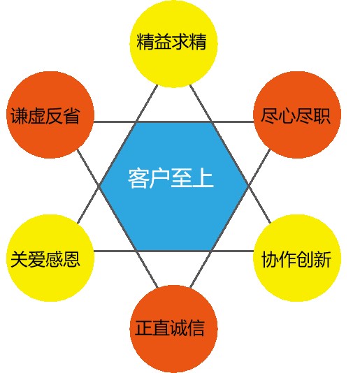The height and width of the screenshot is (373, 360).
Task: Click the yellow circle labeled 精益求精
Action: tap(173, 44)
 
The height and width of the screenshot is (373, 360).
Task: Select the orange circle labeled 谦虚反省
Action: tap(50, 115)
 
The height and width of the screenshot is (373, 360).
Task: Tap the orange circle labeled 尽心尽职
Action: tap(297, 115)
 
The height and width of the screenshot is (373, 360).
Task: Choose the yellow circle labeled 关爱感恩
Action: tap(50, 258)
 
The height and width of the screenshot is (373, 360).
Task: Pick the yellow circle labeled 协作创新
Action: tap(297, 258)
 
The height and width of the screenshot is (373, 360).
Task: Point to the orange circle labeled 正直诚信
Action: tap(173, 329)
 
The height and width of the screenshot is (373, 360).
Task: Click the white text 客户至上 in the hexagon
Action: tap(171, 178)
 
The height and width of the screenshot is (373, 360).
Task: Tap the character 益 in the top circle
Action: tap(163, 42)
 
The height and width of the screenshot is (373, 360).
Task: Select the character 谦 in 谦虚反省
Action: tap(20, 116)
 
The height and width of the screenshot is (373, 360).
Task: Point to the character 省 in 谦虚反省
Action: tap(71, 116)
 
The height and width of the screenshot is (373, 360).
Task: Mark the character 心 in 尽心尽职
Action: tap(287, 116)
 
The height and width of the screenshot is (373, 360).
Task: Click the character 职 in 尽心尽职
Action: tap(322, 116)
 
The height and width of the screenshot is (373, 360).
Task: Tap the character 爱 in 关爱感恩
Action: tap(36, 259)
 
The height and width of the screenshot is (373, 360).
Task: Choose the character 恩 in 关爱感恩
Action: tap(71, 259)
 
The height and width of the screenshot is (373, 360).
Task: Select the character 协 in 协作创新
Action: tap(271, 259)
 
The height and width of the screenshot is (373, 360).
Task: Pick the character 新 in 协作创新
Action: tap(322, 259)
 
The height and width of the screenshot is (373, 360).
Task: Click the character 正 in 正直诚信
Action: tap(144, 328)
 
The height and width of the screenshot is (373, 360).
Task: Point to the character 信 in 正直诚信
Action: tap(196, 328)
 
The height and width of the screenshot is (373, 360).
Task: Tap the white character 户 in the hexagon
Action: tap(160, 178)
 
